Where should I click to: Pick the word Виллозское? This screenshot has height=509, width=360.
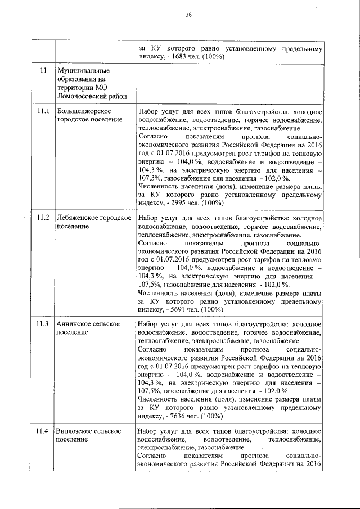(x=76, y=431)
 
